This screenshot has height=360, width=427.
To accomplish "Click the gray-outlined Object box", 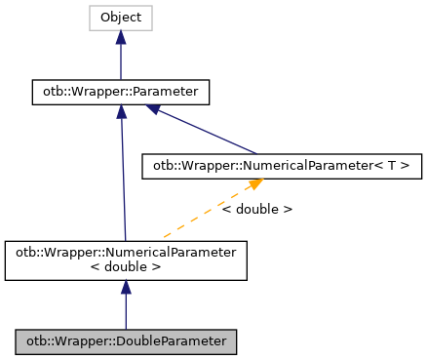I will tap(120, 18).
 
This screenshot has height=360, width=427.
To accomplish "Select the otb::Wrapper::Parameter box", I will tap(120, 93).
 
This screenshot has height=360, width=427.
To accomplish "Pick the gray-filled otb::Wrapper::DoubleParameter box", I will tap(126, 341).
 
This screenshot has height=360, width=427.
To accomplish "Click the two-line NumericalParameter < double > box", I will tap(126, 260).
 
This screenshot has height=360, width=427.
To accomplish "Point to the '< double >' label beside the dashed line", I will tap(256, 209).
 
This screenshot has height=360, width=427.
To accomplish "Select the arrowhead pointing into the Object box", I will tap(120, 37).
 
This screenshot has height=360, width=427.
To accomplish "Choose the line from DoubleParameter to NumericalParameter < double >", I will tap(126, 310).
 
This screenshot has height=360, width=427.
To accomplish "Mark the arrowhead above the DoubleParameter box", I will tap(126, 289).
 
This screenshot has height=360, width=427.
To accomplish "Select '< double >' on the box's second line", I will tap(126, 266).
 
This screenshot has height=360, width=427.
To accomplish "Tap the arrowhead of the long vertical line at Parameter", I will tap(120, 112).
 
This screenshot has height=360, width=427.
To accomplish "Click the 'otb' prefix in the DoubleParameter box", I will tap(33, 341).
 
